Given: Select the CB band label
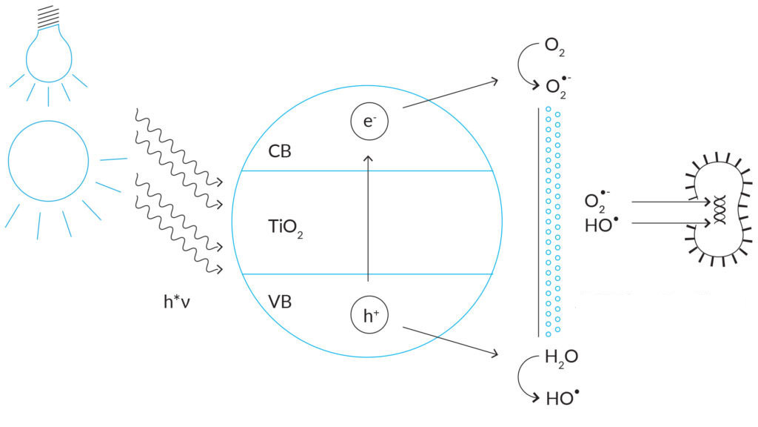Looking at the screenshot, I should point(280,151).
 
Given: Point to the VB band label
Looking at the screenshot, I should point(280,302).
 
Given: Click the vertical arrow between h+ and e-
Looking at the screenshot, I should point(368,222).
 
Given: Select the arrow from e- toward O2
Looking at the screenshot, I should point(452,93).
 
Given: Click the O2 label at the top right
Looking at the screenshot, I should point(555,47).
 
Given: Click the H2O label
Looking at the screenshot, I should point(561,357).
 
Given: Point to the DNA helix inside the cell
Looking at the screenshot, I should point(717,211).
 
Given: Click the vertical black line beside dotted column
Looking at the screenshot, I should point(538,222).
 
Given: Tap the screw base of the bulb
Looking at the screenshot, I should point(48,14).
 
